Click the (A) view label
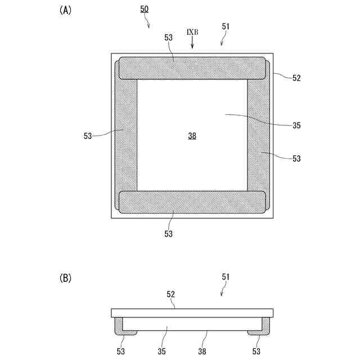(x=65, y=11)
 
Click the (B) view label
(x=65, y=277)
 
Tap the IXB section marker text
(x=192, y=31)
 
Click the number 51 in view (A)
(x=226, y=26)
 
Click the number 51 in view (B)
(x=226, y=277)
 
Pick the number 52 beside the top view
(x=296, y=78)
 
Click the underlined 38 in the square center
(x=192, y=136)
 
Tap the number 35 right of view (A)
(x=296, y=125)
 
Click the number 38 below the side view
(x=202, y=352)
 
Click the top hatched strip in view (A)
(x=191, y=67)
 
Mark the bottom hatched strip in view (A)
(x=191, y=202)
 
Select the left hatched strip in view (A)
(x=126, y=135)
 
